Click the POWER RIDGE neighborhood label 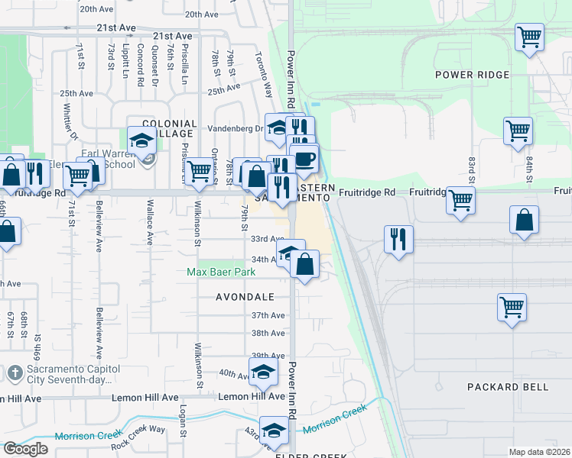[472, 75]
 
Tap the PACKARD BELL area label [508, 387]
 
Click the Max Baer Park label [222, 272]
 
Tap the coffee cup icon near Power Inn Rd [304, 159]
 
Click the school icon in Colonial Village [141, 140]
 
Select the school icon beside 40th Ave [263, 372]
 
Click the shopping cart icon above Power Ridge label [529, 36]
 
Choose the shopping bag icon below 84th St [525, 220]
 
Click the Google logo [25, 449]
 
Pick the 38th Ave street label [268, 334]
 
